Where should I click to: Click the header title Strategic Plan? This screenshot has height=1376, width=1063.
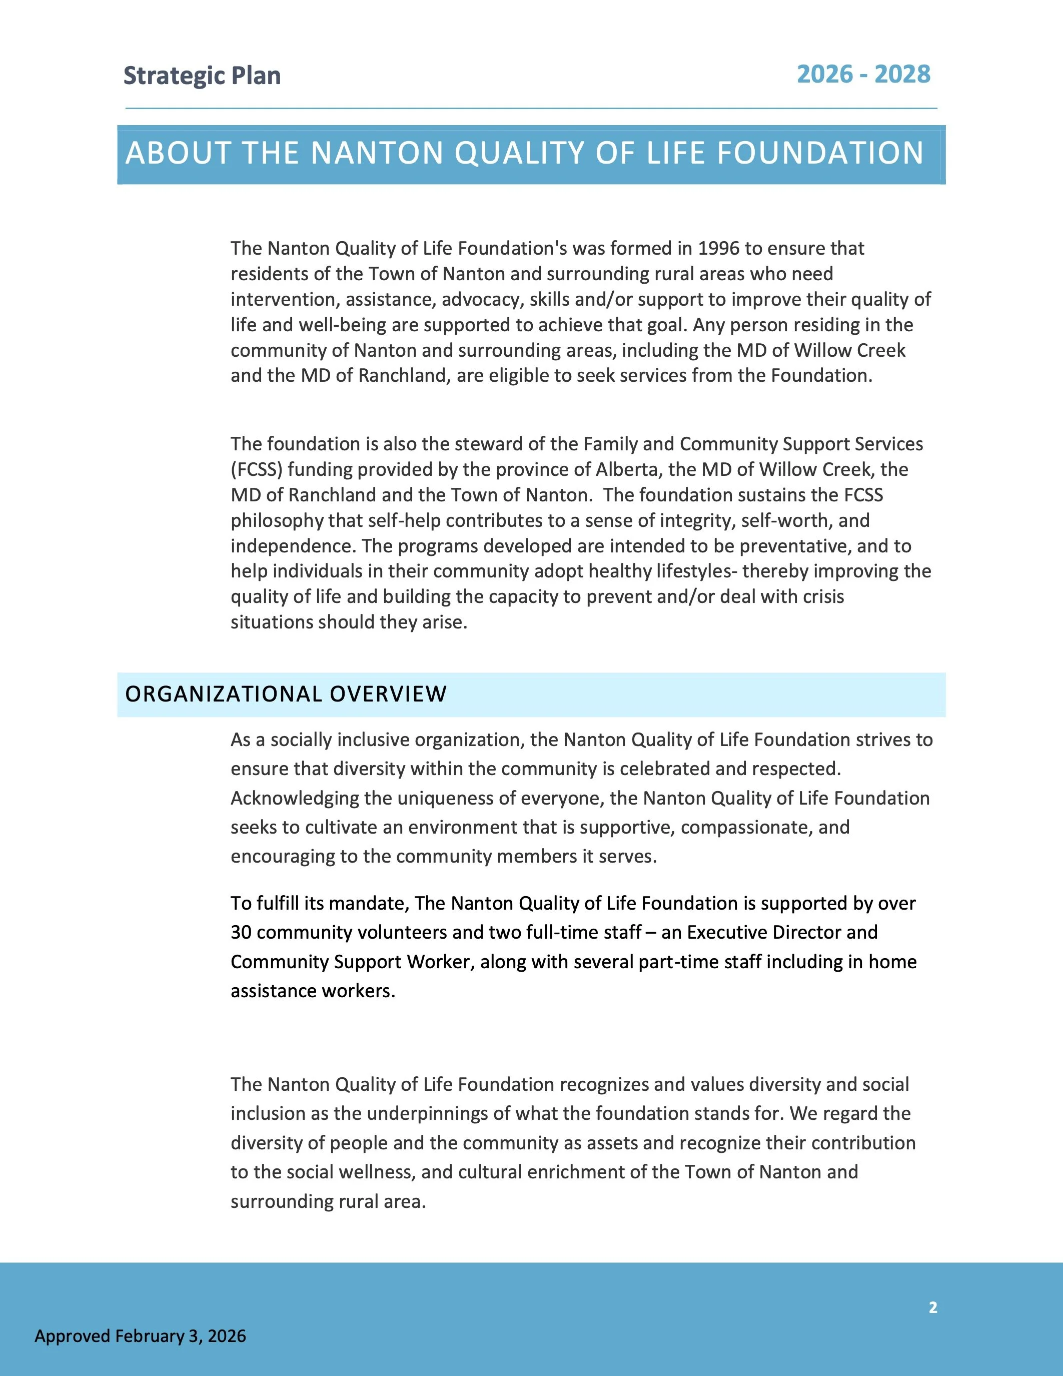point(202,76)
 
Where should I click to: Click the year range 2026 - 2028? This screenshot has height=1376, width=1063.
point(863,75)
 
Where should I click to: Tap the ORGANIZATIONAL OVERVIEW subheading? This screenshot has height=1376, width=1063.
point(286,695)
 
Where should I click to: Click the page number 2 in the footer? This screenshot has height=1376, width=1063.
point(932,1307)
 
